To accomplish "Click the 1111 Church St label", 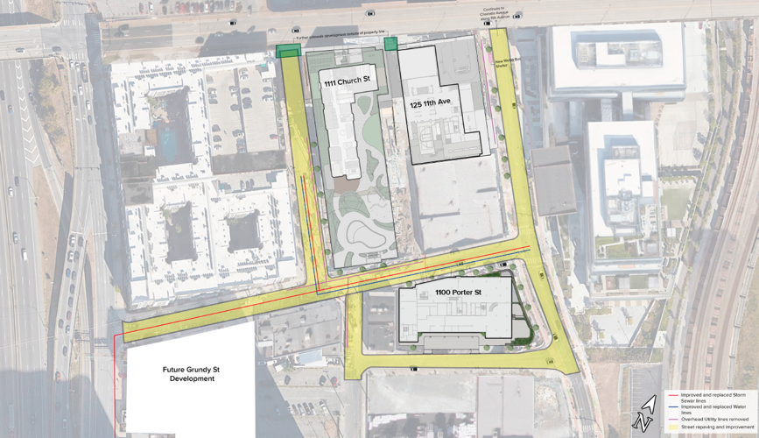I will pyautogui.click(x=348, y=83).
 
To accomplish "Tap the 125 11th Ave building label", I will pyautogui.click(x=430, y=103).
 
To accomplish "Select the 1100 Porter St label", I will pyautogui.click(x=459, y=291).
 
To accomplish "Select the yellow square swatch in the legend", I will pyautogui.click(x=671, y=428).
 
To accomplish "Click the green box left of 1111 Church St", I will pyautogui.click(x=286, y=53).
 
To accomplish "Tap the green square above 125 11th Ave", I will pyautogui.click(x=390, y=44).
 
